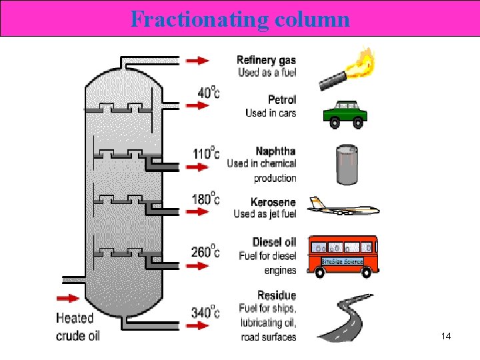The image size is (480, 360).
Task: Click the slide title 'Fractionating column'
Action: (240, 19)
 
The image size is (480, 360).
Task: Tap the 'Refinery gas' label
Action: (267, 60)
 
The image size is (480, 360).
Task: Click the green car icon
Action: (345, 113)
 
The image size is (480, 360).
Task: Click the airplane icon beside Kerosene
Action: (343, 207)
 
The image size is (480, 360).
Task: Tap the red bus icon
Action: (342, 255)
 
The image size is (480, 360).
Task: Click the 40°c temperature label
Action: (208, 92)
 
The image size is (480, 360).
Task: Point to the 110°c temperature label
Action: (205, 153)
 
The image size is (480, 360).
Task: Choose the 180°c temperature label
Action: (205, 198)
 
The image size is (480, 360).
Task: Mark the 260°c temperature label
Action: (205, 251)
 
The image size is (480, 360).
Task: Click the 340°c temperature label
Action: (205, 311)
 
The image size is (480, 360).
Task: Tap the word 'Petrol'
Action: (281, 100)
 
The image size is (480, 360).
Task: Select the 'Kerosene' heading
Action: (273, 202)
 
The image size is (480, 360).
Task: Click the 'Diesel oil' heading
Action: (274, 242)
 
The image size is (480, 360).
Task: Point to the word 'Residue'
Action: (277, 295)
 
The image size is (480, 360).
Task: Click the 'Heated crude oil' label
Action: (77, 327)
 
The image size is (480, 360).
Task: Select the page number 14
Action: (446, 337)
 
